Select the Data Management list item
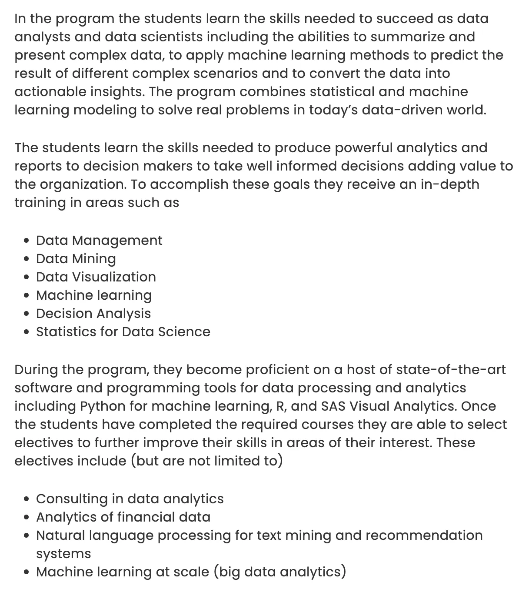[x=99, y=241]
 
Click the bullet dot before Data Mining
[x=27, y=259]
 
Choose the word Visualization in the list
[x=114, y=277]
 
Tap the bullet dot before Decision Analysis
[x=27, y=314]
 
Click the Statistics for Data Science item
[x=123, y=332]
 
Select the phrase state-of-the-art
[x=451, y=370]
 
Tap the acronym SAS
[x=333, y=406]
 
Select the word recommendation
[x=424, y=535]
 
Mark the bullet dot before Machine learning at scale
[x=27, y=572]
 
